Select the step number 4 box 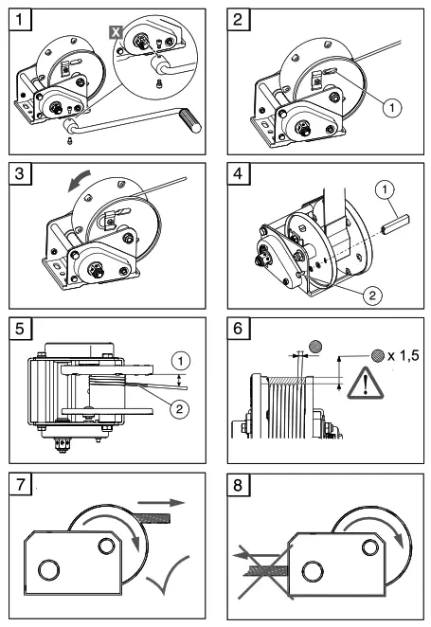[239, 175]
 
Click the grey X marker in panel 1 [117, 31]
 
